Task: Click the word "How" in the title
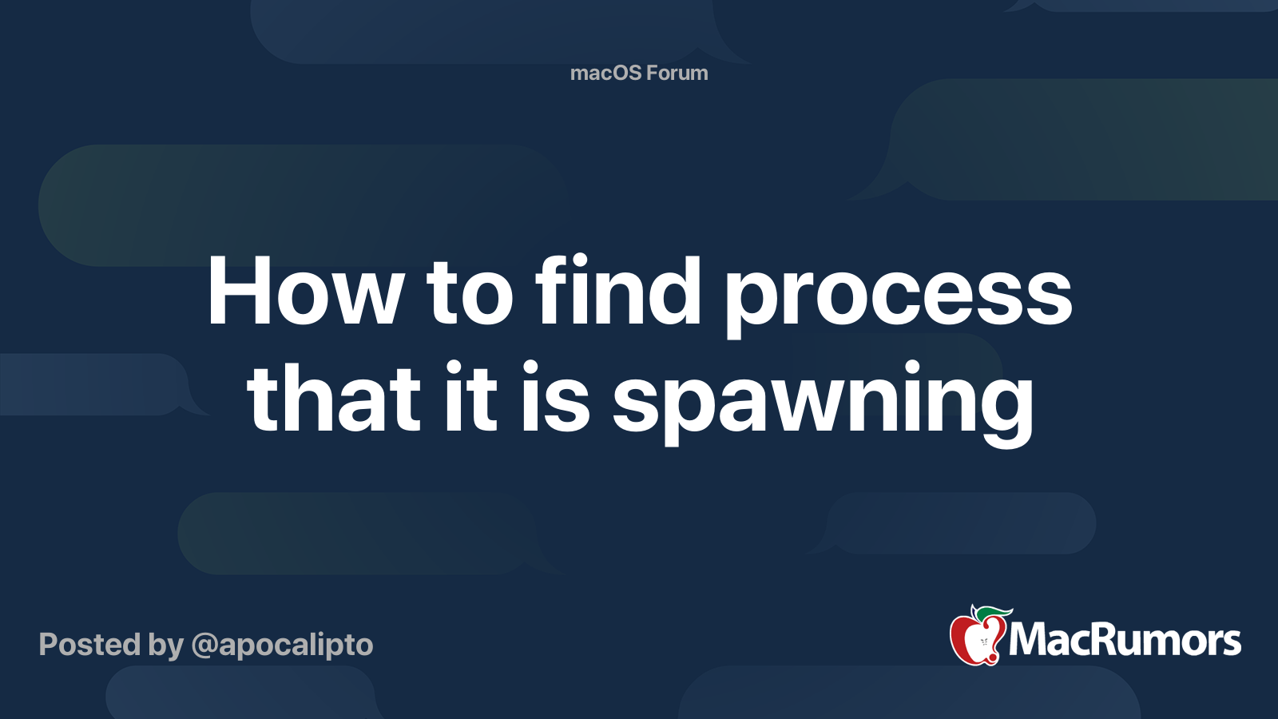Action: coord(304,292)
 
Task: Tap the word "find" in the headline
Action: coord(617,292)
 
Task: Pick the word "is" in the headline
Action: coord(555,397)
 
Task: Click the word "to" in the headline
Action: coord(469,294)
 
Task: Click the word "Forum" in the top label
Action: coord(677,73)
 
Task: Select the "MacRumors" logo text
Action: coord(1125,641)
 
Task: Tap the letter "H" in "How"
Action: coord(240,292)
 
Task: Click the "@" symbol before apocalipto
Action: coord(204,646)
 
